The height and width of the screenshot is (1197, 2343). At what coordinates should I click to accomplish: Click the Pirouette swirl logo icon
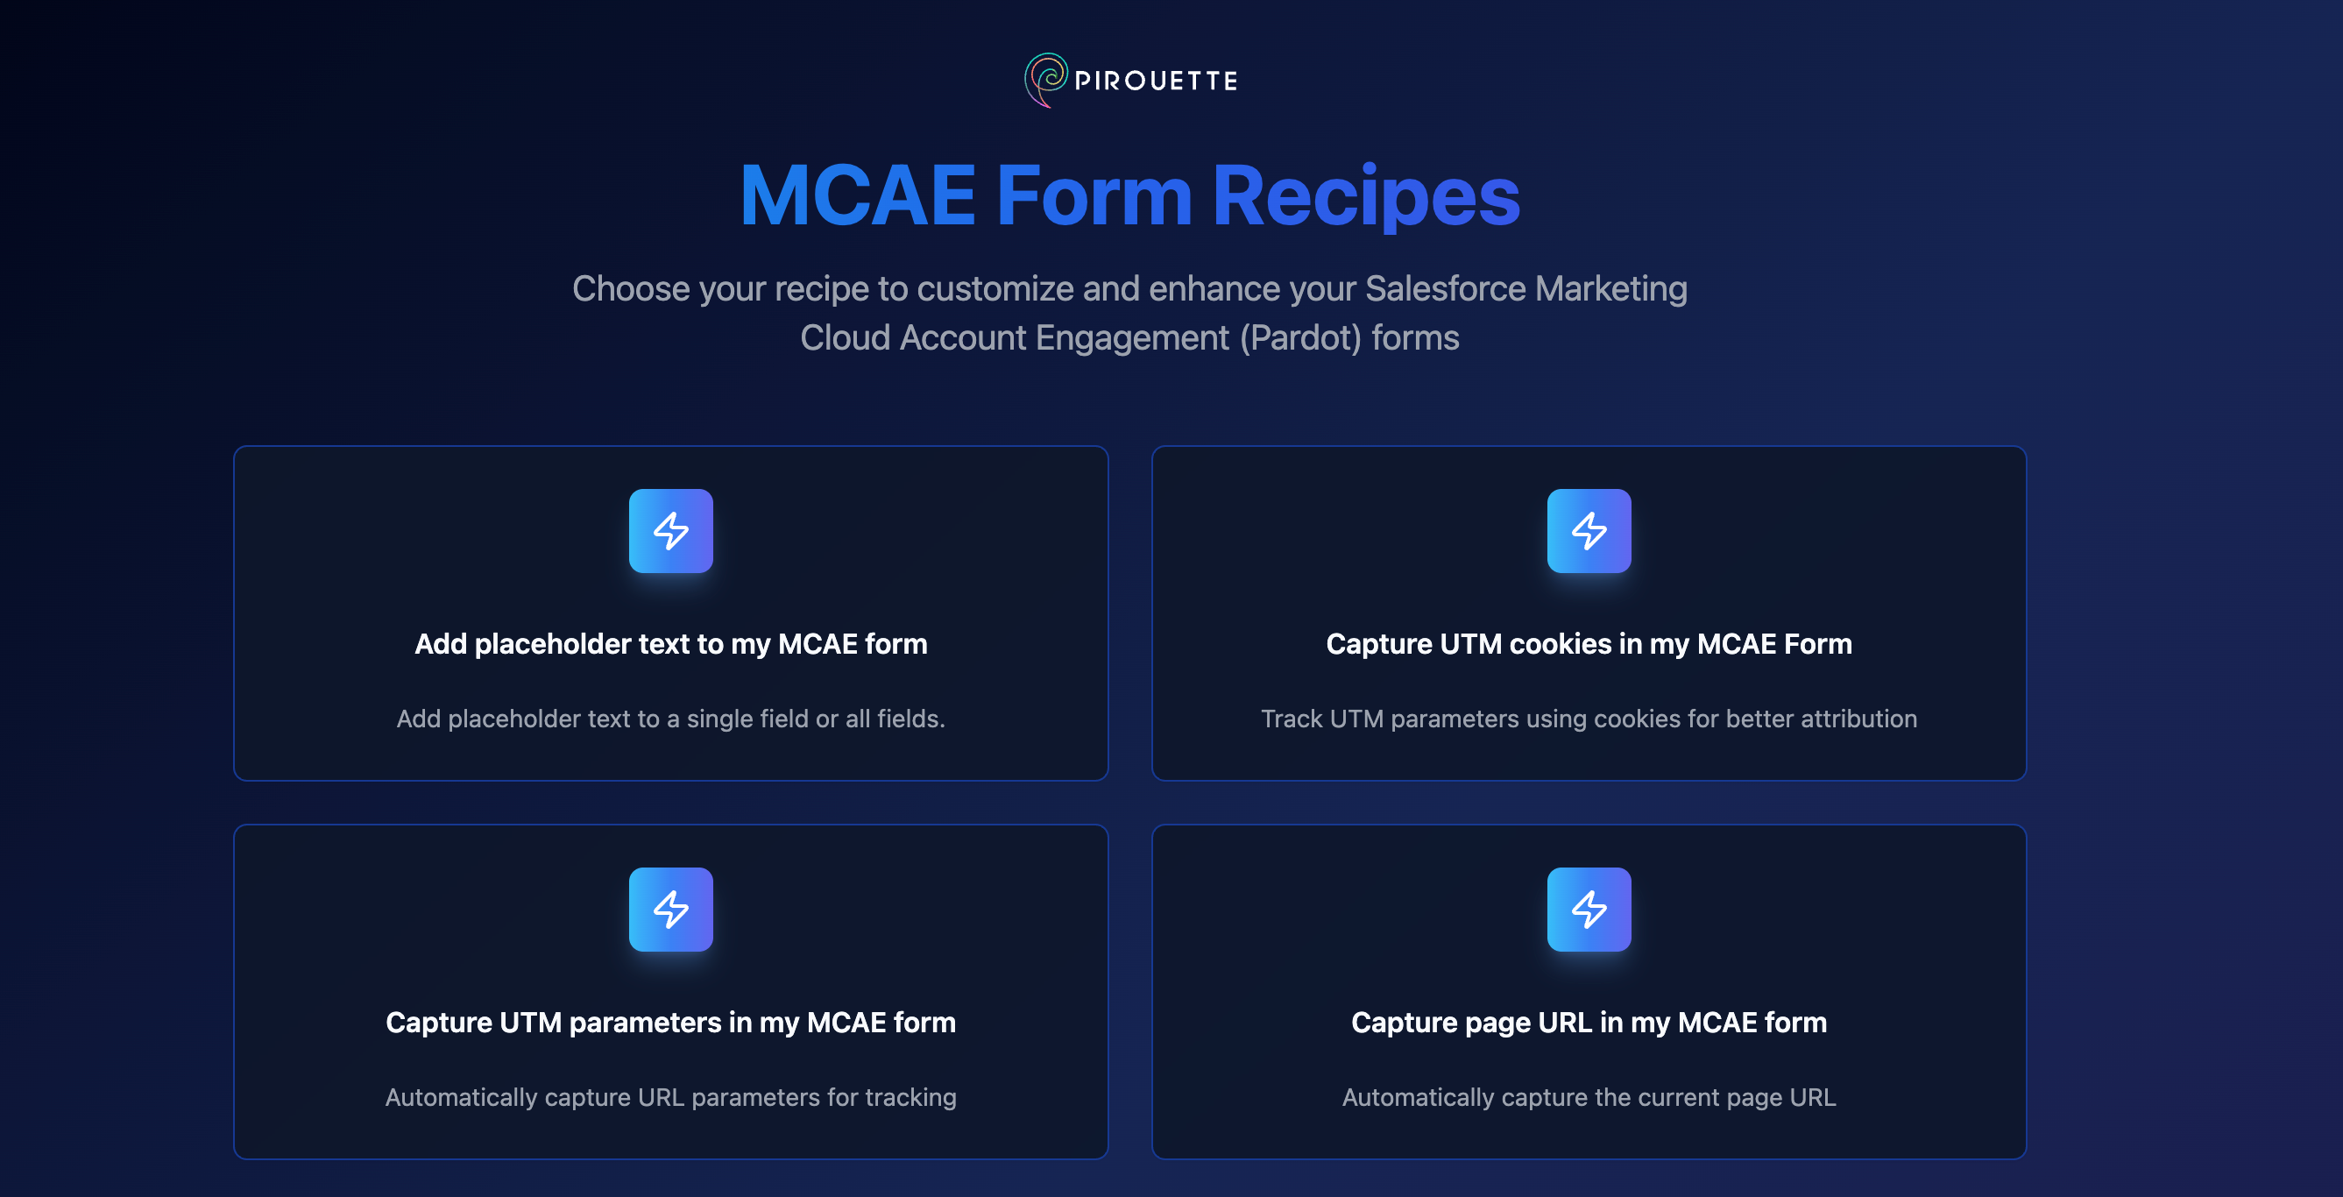(1046, 80)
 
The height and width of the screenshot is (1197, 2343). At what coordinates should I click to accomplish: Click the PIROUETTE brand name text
(1156, 81)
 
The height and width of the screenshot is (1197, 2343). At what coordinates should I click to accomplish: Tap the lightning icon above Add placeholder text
(671, 531)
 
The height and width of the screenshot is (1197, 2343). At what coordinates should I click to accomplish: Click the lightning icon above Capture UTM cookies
(1589, 531)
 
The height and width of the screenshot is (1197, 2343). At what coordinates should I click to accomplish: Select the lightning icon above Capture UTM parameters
(671, 910)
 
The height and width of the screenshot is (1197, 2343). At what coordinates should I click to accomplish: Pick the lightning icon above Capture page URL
(1589, 910)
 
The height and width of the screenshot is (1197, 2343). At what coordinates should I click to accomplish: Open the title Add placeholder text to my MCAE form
(671, 644)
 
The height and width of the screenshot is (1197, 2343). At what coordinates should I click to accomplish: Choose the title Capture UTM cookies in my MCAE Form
(1589, 644)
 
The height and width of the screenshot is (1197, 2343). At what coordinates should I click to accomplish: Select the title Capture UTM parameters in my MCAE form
(671, 1023)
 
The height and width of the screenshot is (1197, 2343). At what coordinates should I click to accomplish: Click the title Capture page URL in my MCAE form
(1589, 1023)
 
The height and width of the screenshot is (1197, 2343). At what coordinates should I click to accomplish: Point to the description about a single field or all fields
(671, 719)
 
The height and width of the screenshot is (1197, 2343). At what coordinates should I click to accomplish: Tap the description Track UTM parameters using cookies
(1589, 719)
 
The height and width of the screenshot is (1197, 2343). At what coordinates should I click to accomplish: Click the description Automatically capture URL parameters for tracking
(671, 1097)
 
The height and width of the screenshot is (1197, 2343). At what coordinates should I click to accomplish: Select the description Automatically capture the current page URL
(1589, 1097)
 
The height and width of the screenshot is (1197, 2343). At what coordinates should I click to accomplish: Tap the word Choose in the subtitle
(631, 288)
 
